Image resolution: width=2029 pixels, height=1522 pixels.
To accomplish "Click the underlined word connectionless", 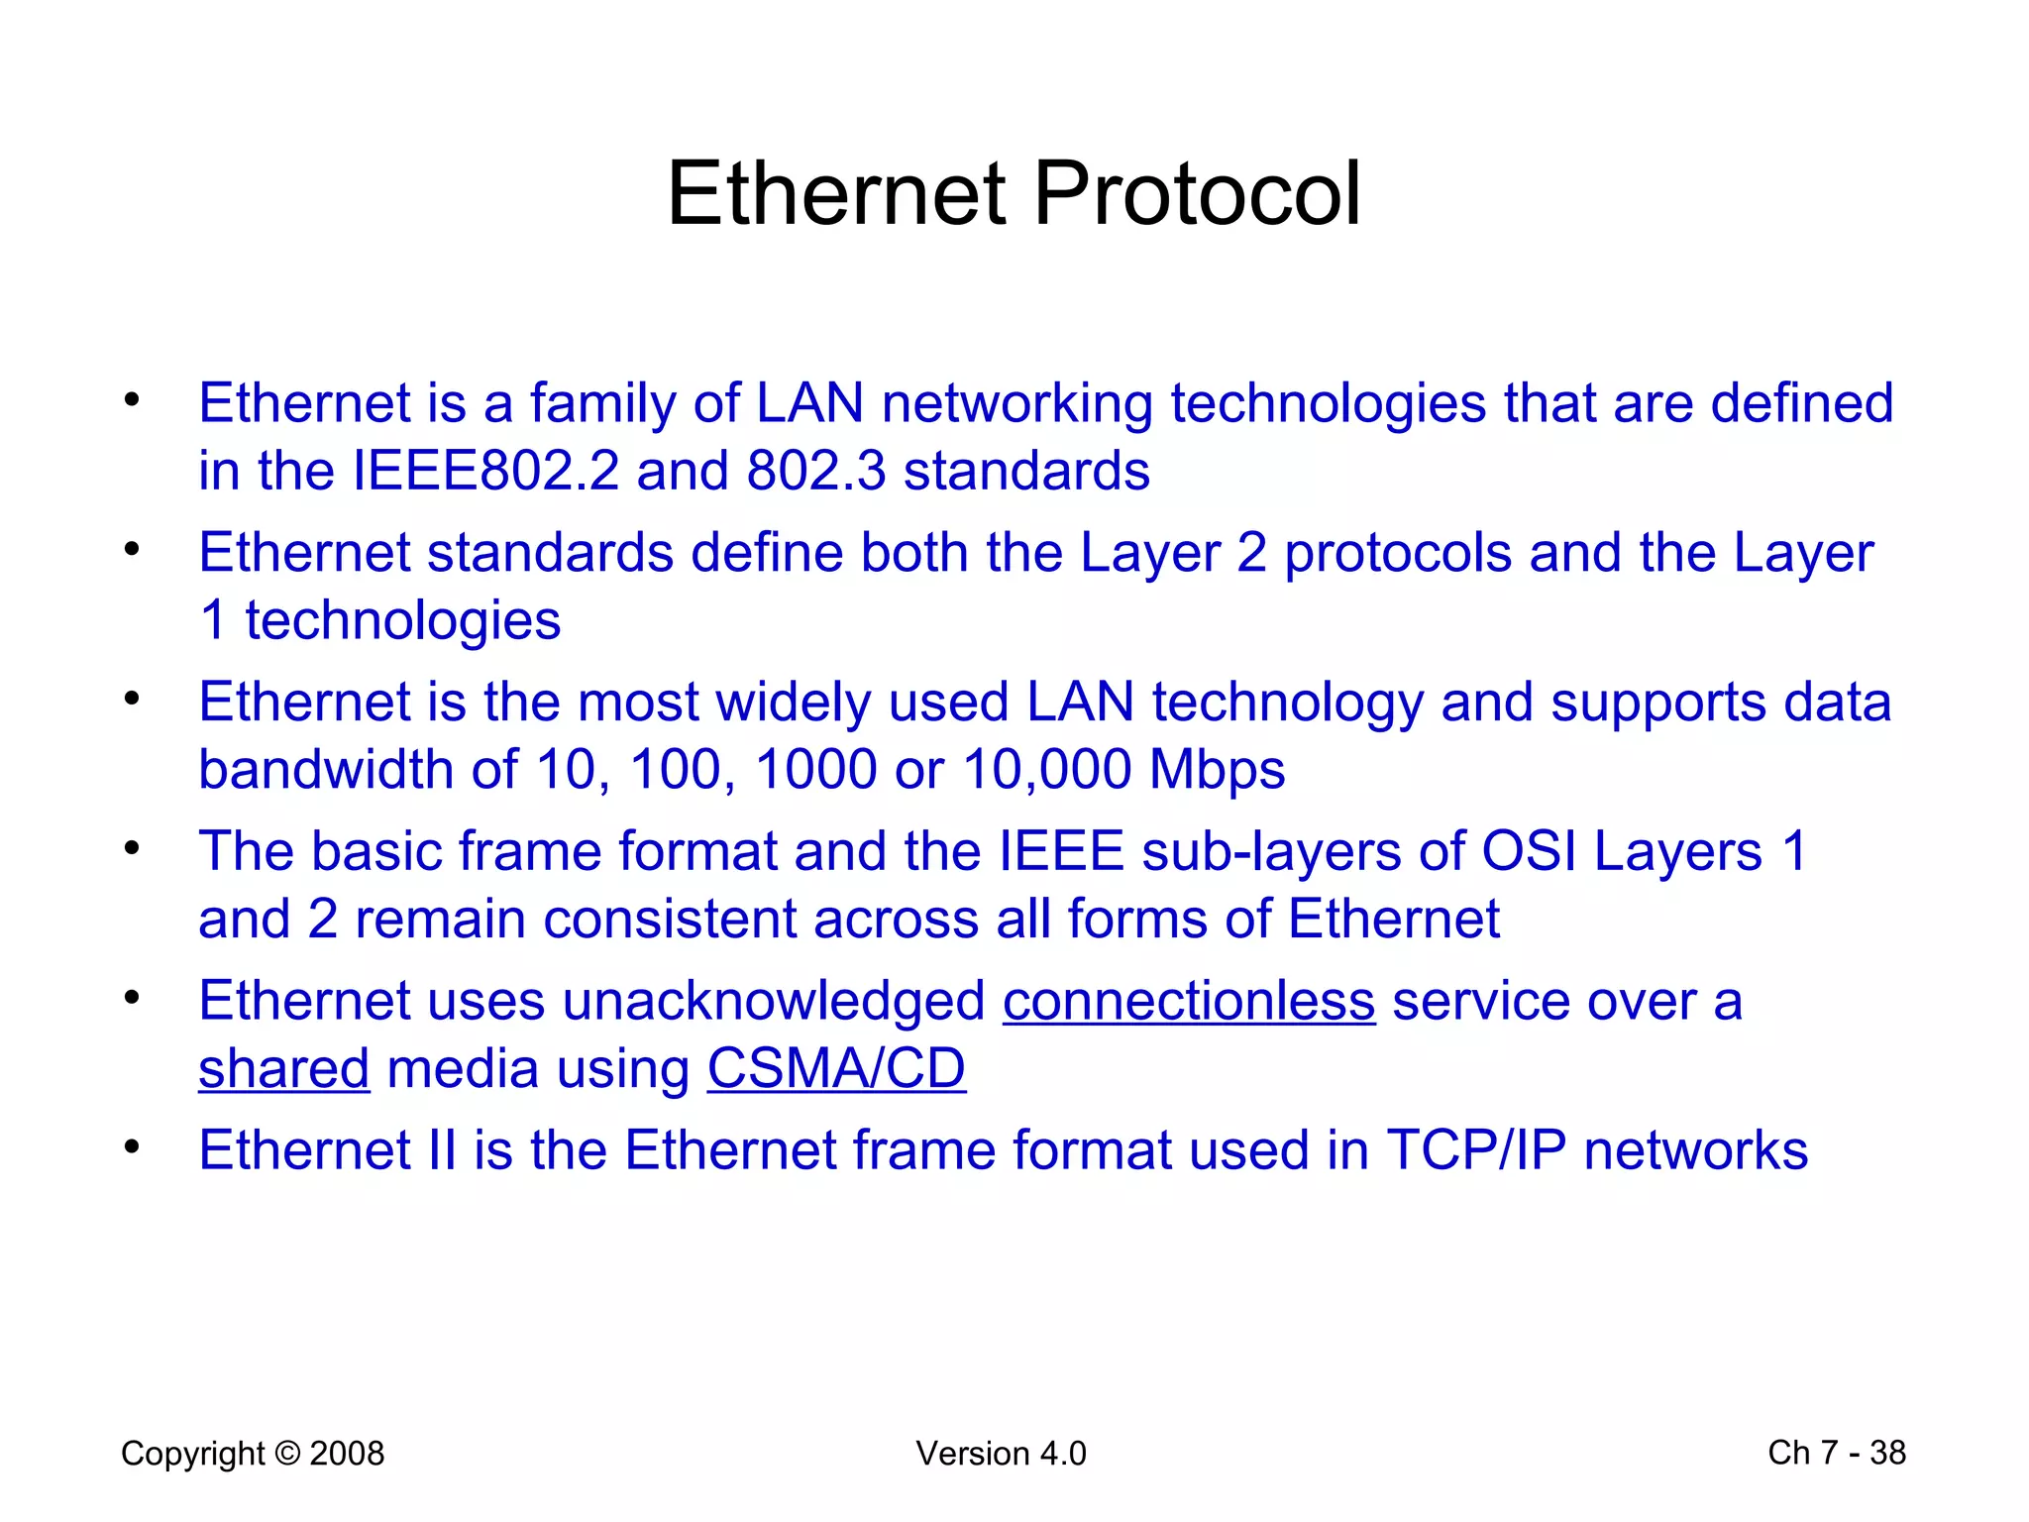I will tap(1189, 1001).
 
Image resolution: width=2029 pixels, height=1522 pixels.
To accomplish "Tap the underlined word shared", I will tap(284, 1069).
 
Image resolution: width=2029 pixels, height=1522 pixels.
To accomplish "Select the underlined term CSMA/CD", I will tap(836, 1069).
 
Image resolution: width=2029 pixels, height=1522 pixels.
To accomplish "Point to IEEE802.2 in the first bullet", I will tap(485, 471).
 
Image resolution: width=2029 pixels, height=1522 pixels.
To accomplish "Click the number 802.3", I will tap(816, 471).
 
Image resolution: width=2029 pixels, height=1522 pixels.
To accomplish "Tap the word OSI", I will tap(1528, 851).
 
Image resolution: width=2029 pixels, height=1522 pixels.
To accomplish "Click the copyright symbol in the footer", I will tap(287, 1454).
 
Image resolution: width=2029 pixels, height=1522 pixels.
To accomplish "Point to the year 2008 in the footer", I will tap(347, 1454).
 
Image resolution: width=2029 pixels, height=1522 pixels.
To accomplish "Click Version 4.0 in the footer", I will tap(1001, 1454).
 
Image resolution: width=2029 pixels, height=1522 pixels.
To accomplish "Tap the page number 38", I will tap(1887, 1453).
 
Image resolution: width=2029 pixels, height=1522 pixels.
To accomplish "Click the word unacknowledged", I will tap(774, 1001).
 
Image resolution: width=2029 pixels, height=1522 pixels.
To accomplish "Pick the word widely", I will tap(794, 703).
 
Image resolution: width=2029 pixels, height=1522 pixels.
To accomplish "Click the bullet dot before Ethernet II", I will tap(132, 1146).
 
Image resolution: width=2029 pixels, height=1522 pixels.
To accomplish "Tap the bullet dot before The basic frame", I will tap(132, 847).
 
